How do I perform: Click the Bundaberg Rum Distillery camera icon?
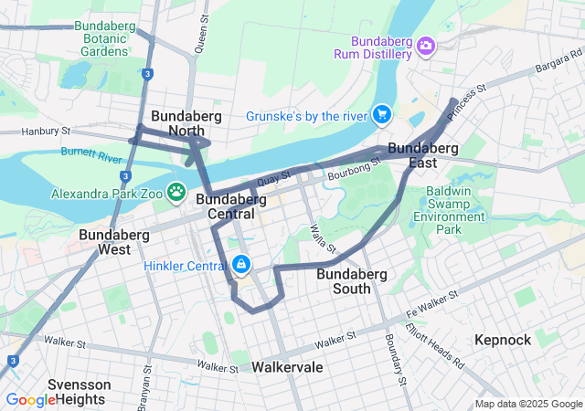[426, 46]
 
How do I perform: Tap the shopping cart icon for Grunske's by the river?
[381, 115]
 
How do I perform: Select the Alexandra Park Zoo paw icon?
[175, 194]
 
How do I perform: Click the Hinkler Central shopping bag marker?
[240, 265]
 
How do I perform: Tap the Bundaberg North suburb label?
[177, 123]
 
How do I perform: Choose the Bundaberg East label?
[422, 154]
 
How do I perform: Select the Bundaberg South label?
[352, 280]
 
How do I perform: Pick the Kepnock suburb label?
[503, 340]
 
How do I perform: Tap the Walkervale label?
[287, 366]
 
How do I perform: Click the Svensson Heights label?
[80, 391]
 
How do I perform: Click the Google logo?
[30, 400]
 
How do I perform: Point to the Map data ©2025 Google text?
[528, 404]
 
